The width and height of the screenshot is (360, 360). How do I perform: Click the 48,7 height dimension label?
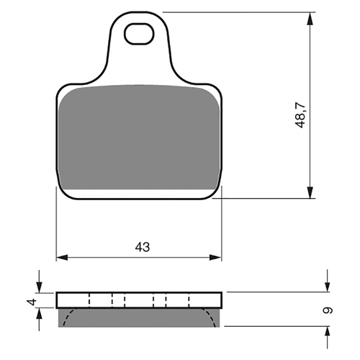[300, 113]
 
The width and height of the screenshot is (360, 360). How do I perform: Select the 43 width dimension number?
[142, 247]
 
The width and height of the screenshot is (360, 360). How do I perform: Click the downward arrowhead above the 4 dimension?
[40, 287]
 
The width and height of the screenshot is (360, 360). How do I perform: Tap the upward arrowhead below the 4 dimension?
[40, 312]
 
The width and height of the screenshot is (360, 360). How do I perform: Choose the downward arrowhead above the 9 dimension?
[327, 287]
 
